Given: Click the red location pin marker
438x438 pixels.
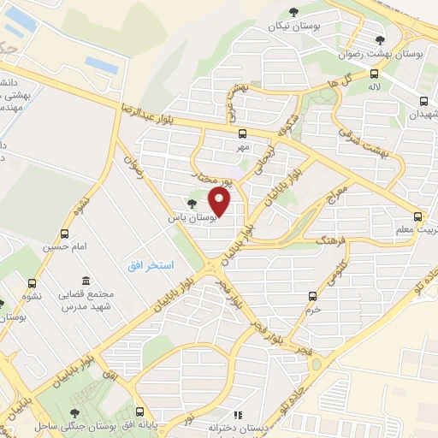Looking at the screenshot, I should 221,202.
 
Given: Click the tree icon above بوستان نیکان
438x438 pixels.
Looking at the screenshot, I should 293,11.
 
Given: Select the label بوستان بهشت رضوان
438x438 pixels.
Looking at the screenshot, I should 398,54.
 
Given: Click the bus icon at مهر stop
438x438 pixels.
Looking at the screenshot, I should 243,133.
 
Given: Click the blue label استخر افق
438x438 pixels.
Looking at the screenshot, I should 151,266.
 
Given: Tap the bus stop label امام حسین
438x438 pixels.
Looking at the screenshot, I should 62,247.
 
